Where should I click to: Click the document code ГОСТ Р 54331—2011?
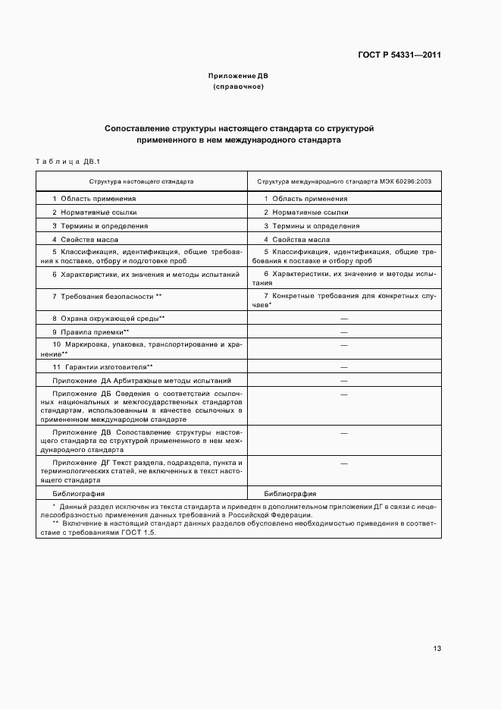(x=399, y=55)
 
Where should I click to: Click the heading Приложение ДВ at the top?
(x=238, y=76)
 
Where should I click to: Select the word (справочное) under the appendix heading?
(x=238, y=86)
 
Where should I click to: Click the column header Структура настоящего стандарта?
(x=141, y=182)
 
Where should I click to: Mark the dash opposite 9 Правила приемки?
(x=343, y=332)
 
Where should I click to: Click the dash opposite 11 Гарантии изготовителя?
(x=343, y=366)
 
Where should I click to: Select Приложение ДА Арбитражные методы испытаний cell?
(x=142, y=380)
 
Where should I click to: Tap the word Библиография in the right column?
(x=290, y=493)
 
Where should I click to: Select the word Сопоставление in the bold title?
(x=136, y=129)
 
